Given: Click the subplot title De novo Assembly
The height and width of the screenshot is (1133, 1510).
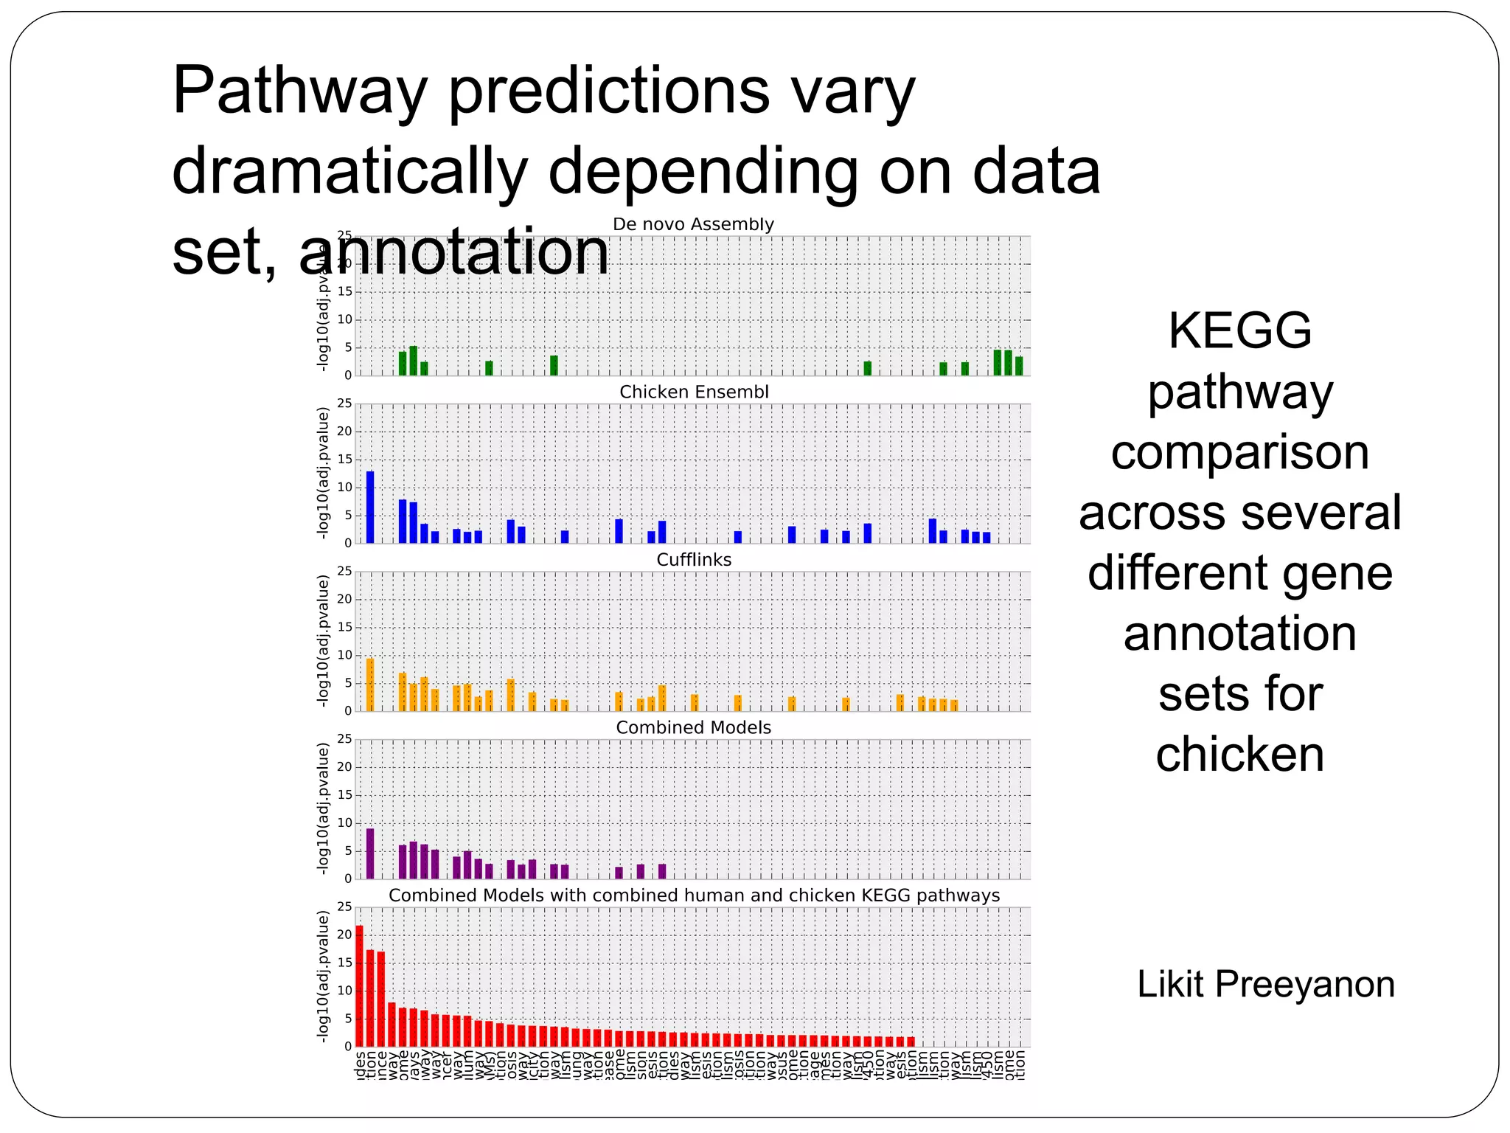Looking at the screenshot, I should [693, 224].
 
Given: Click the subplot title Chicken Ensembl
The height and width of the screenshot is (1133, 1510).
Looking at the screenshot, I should [693, 392].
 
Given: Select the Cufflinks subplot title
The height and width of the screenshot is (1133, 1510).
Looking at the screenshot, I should [693, 560].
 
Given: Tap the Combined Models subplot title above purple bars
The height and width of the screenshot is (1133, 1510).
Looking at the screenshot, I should [693, 727].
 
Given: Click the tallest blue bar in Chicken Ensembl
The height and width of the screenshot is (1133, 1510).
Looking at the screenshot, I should [370, 507].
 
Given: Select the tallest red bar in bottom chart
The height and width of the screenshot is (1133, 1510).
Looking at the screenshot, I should [360, 985].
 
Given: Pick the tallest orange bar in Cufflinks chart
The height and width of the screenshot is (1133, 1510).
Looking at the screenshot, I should [370, 685].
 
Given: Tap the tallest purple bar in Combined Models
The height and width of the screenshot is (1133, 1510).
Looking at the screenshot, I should [370, 853].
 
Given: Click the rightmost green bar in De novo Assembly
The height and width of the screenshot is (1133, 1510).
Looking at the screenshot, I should [1019, 366].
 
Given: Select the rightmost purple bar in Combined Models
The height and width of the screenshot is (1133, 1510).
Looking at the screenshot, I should [662, 871].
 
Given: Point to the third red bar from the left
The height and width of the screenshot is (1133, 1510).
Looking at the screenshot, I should [381, 999].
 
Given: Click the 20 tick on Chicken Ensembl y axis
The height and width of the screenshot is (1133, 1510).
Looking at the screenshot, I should [344, 432].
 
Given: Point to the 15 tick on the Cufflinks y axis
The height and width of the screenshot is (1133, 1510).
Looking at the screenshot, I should [344, 627].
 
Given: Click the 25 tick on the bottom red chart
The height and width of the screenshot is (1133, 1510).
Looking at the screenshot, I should [344, 907].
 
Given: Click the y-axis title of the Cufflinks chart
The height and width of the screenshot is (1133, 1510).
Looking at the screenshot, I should [322, 641].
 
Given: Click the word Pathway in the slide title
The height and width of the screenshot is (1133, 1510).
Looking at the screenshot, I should [299, 92].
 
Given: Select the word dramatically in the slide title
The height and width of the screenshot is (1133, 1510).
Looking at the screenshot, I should [349, 171].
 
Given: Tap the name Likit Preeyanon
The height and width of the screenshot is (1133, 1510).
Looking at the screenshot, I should [1265, 984].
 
